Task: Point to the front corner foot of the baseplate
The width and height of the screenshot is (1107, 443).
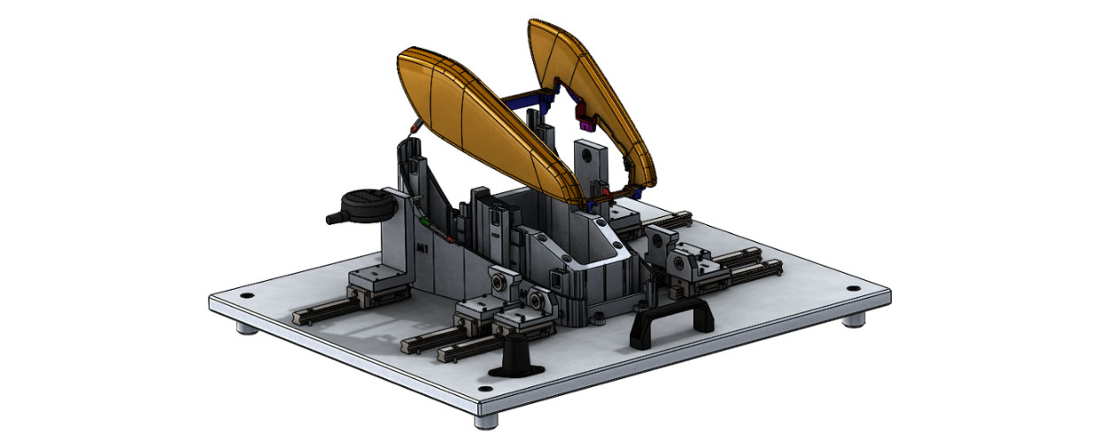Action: pyautogui.click(x=486, y=421)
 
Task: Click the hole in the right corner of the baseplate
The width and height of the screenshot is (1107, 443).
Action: pyautogui.click(x=853, y=289)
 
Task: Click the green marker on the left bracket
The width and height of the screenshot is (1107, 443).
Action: pyautogui.click(x=425, y=220)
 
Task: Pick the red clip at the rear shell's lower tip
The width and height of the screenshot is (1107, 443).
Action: pyautogui.click(x=606, y=190)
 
